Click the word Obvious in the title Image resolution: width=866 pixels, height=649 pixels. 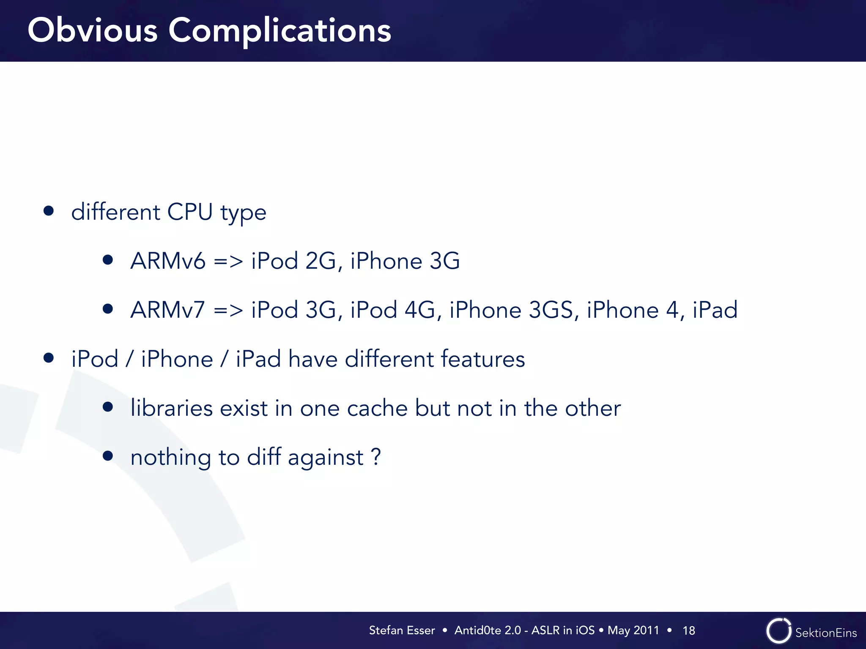click(93, 31)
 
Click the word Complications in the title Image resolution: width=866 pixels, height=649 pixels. click(280, 31)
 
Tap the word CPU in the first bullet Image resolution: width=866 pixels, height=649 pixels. click(190, 212)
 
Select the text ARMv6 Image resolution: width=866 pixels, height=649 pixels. click(168, 261)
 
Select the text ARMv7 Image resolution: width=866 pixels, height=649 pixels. click(168, 310)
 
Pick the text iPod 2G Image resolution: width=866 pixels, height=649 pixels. click(294, 261)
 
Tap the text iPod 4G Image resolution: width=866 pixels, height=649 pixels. click(393, 310)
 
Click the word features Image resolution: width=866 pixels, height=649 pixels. click(483, 359)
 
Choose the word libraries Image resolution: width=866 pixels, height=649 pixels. click(171, 408)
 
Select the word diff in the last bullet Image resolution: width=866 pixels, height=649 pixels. click(264, 457)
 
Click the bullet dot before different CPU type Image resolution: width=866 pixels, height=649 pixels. click(49, 211)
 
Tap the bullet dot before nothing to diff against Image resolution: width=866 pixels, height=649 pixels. click(108, 455)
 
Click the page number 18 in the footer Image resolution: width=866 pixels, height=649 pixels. click(688, 630)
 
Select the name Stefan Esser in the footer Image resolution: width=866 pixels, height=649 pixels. click(402, 630)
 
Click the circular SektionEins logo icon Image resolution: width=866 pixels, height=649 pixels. click(778, 631)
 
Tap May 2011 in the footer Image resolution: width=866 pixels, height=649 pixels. click(633, 630)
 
